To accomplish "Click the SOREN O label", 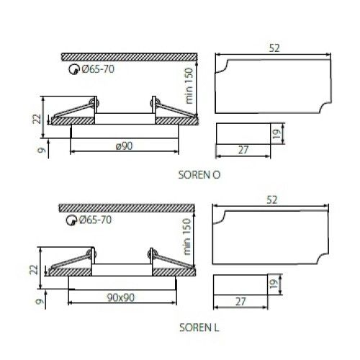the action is click(x=199, y=175).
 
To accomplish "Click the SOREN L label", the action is click(x=199, y=328).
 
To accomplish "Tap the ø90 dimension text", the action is click(x=124, y=146).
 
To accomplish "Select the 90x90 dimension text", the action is click(x=121, y=297).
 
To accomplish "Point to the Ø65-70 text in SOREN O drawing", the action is click(x=98, y=69).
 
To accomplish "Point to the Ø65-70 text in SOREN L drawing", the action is click(x=95, y=220).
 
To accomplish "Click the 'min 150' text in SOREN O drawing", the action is click(x=189, y=86).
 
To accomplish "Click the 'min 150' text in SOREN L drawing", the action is click(x=186, y=237).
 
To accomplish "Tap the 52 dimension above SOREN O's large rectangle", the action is click(x=274, y=48).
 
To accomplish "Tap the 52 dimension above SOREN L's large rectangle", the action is click(x=271, y=199).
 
